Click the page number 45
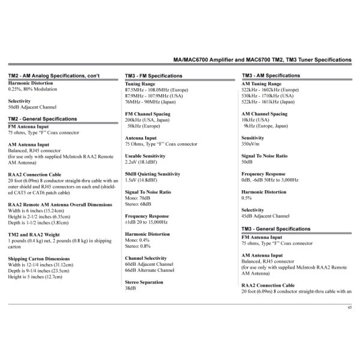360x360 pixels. pos(349,307)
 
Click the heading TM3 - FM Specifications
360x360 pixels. pos(154,76)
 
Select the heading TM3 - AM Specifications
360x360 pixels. pos(270,76)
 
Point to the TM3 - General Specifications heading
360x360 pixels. pos(277,229)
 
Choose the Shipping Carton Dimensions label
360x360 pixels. pos(40,259)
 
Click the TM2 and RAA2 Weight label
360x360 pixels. pos(34,235)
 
